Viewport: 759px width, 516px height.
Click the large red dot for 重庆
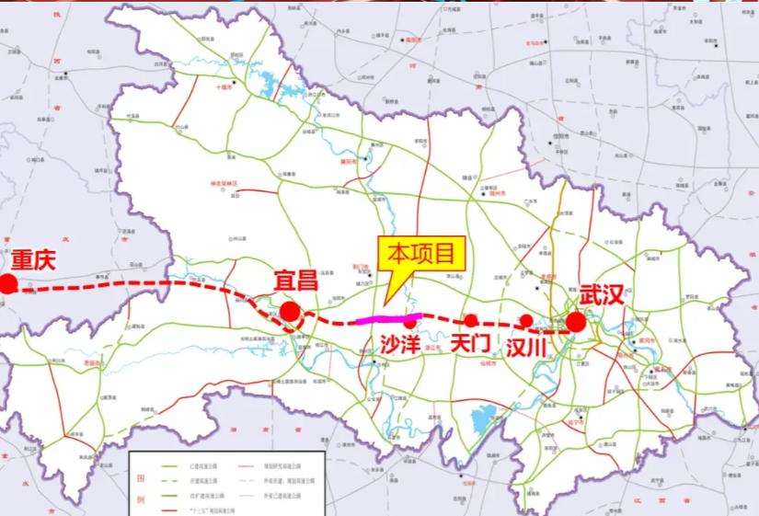[8, 283]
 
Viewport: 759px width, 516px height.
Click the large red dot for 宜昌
[290, 312]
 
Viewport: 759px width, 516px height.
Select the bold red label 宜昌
[296, 281]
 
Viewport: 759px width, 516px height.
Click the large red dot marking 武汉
[576, 322]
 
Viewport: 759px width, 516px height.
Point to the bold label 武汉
[603, 296]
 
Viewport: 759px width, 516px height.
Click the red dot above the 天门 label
[470, 320]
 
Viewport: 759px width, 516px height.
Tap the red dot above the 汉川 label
[526, 321]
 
